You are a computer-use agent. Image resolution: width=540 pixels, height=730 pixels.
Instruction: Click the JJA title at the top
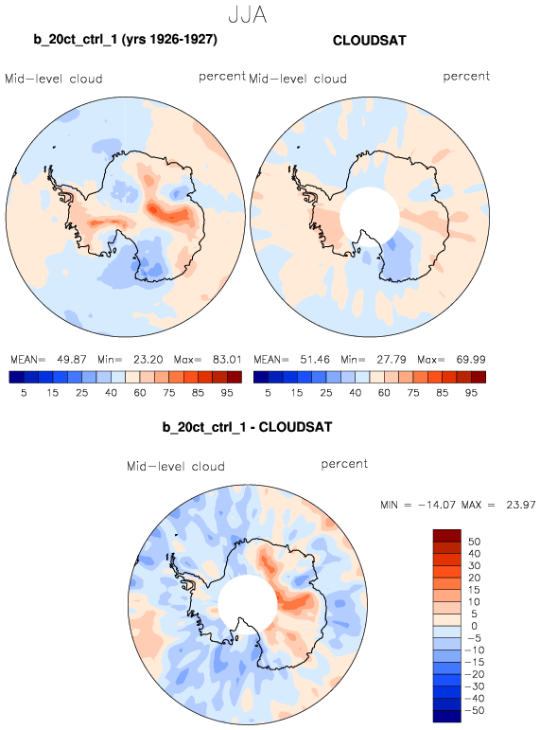pos(248,15)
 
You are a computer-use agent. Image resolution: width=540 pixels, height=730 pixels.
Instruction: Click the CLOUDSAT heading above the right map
pos(370,41)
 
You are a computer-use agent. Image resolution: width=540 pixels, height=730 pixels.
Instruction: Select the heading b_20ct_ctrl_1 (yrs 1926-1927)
pos(125,40)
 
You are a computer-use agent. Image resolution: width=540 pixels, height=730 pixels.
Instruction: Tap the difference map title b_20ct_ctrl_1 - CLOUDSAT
pos(247,427)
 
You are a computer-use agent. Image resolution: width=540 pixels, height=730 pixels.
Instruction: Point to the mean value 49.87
pos(72,360)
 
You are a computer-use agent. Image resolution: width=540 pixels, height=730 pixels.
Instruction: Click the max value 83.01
pos(227,360)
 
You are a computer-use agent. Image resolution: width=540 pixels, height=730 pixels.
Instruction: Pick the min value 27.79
pos(392,360)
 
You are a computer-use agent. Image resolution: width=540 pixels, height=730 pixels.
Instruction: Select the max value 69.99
pos(471,360)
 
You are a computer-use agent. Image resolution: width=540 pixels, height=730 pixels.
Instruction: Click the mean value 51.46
pos(315,360)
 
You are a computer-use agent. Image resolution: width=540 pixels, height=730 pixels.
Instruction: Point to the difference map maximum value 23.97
pos(521,505)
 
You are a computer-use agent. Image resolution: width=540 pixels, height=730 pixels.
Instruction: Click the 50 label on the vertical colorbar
pos(474,542)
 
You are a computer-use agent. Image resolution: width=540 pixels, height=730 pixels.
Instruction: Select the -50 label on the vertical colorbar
pos(475,710)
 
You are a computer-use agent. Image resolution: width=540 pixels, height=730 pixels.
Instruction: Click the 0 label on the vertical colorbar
pos(474,626)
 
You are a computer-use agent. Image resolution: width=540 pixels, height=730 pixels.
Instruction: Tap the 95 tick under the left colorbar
pos(227,393)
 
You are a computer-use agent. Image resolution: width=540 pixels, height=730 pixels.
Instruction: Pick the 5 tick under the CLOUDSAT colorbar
pos(268,393)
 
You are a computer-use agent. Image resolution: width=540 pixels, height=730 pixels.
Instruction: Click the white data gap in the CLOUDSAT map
pos(370,217)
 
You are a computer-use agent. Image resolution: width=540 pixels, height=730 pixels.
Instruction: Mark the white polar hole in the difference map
pos(248,604)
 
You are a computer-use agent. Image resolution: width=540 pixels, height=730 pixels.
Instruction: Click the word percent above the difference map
pos(344,464)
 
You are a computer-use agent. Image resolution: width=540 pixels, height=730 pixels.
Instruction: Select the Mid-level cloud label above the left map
pos(54,79)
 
